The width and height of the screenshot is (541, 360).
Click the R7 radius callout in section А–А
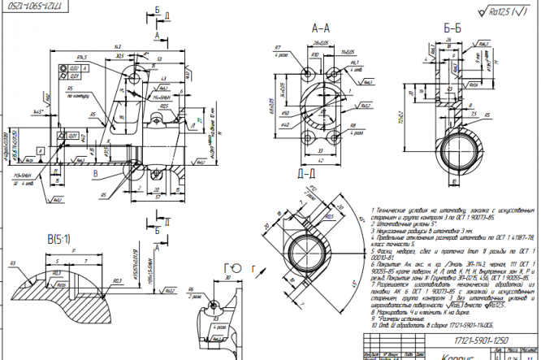[x=278, y=47]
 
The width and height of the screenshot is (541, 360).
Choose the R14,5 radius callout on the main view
[x=82, y=58]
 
